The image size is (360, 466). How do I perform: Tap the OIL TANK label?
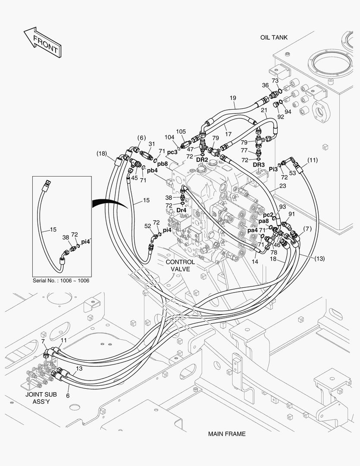273,38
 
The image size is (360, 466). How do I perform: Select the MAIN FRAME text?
226,434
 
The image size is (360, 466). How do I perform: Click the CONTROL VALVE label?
180,265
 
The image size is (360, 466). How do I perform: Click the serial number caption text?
61,280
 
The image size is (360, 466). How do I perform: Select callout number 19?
232,98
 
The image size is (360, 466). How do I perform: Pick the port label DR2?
202,160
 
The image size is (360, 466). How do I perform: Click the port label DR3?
259,164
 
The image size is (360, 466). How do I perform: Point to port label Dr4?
182,210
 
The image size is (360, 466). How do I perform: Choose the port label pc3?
172,152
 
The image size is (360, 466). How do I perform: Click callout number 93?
282,207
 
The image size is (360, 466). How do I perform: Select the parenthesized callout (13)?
319,258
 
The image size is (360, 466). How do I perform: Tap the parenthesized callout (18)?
101,154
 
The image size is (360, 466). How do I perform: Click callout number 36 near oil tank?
265,85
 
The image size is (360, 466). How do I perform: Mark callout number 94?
288,112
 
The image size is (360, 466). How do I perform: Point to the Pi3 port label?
273,170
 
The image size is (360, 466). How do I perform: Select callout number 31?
151,144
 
